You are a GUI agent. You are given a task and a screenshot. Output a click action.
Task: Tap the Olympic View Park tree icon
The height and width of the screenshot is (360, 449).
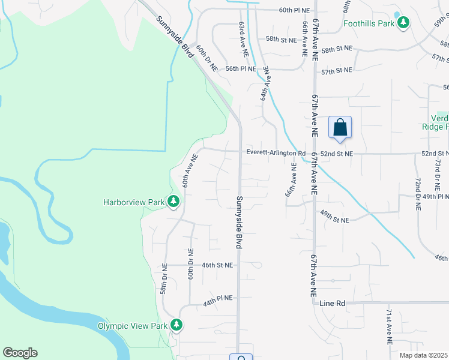click(x=176, y=325)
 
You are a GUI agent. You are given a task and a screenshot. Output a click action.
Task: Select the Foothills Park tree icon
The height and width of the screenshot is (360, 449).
click(x=405, y=23)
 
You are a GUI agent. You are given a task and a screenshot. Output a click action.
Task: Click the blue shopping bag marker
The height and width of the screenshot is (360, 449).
click(x=340, y=127)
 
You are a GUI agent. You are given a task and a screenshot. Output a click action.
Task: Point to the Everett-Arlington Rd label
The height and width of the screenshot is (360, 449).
click(x=272, y=153)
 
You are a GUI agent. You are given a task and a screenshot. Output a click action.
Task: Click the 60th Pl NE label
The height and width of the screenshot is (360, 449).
click(x=294, y=10)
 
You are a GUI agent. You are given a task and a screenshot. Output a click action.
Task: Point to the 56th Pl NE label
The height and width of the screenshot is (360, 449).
click(x=241, y=69)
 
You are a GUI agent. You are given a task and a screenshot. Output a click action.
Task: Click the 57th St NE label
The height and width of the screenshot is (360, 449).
click(x=336, y=71)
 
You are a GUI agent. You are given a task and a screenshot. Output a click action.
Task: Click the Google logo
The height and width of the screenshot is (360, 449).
click(x=20, y=353)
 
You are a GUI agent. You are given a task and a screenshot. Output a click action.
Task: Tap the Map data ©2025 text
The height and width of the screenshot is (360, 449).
click(x=423, y=355)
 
